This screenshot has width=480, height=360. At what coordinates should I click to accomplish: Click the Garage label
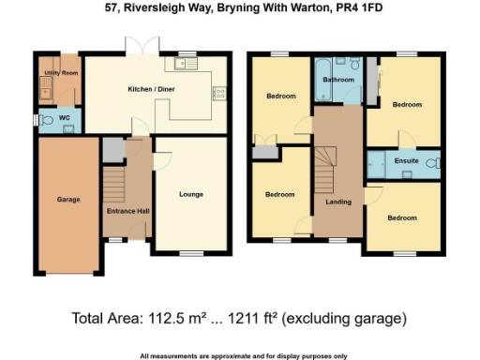click(68, 199)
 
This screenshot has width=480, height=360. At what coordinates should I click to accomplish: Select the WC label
click(64, 119)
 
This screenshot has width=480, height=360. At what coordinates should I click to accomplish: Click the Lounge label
click(191, 194)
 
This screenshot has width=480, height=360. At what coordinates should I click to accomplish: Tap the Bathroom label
click(338, 81)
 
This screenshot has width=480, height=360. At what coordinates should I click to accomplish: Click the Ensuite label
click(406, 161)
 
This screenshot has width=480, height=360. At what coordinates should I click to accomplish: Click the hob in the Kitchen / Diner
click(219, 93)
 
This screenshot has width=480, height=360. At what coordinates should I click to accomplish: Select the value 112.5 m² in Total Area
click(172, 319)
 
